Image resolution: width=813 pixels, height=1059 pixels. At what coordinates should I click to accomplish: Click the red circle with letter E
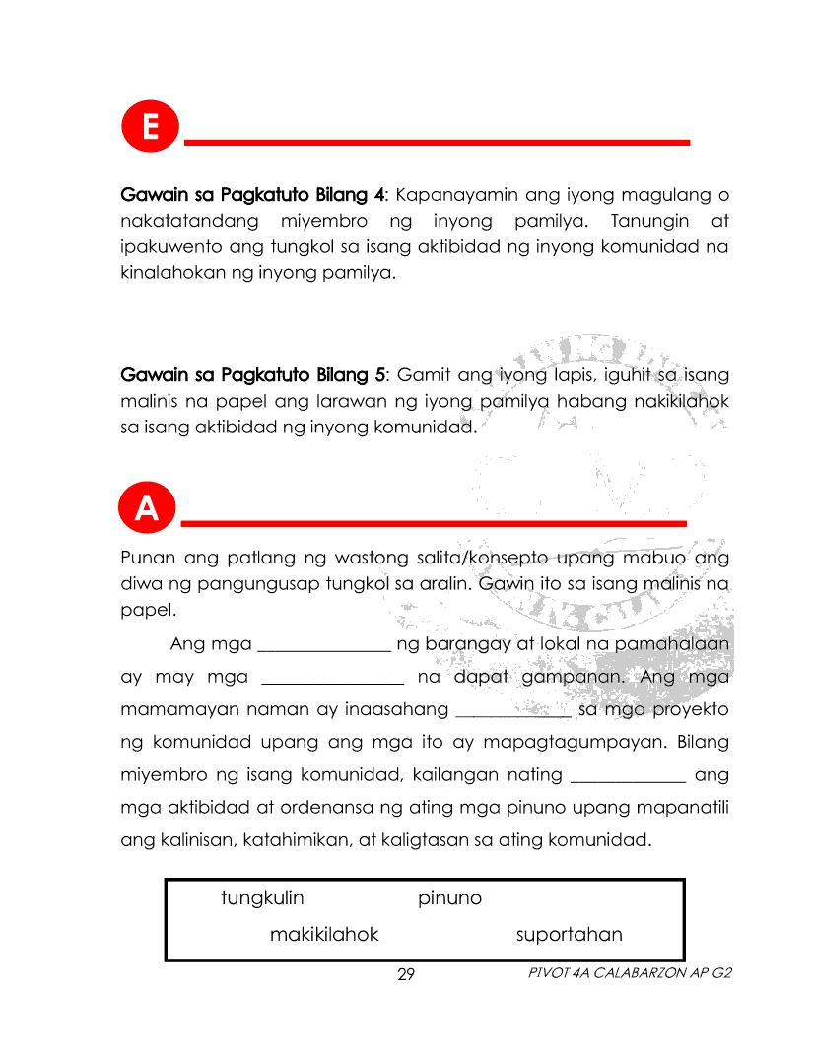[x=150, y=128]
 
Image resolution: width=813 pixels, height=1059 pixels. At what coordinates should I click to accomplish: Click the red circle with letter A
[x=146, y=508]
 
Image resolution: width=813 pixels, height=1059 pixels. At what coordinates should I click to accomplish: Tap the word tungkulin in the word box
[x=262, y=898]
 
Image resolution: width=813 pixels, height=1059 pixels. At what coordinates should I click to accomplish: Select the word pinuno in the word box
[x=449, y=898]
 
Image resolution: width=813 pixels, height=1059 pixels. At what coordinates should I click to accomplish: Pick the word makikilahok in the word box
[x=324, y=935]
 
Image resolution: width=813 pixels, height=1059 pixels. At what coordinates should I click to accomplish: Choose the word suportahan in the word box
[x=570, y=935]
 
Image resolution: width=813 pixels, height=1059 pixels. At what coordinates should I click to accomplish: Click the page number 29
[x=406, y=975]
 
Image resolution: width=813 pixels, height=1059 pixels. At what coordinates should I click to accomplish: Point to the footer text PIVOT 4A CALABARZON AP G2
[x=630, y=973]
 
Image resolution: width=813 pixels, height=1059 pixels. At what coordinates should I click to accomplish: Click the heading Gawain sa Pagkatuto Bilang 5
[x=252, y=375]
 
